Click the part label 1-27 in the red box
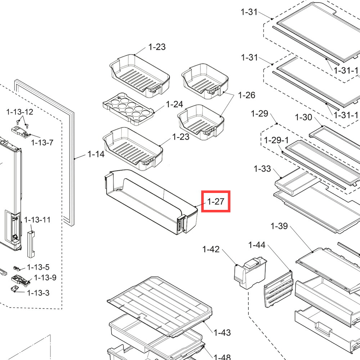pyautogui.click(x=216, y=201)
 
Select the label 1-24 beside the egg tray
pyautogui.click(x=175, y=104)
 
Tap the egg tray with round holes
pyautogui.click(x=128, y=109)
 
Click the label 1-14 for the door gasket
pyautogui.click(x=96, y=154)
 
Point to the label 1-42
pyautogui.click(x=211, y=249)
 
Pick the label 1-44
pyautogui.click(x=257, y=245)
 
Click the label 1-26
pyautogui.click(x=247, y=95)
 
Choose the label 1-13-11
pyautogui.click(x=37, y=220)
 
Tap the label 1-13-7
pyautogui.click(x=42, y=143)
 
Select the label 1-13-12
pyautogui.click(x=20, y=112)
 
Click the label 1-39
pyautogui.click(x=279, y=226)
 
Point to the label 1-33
pyautogui.click(x=262, y=169)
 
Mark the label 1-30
pyautogui.click(x=303, y=117)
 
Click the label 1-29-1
pyautogui.click(x=276, y=140)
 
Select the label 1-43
pyautogui.click(x=222, y=332)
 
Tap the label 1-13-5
pyautogui.click(x=39, y=267)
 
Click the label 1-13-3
pyautogui.click(x=39, y=293)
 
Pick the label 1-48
pyautogui.click(x=222, y=357)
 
